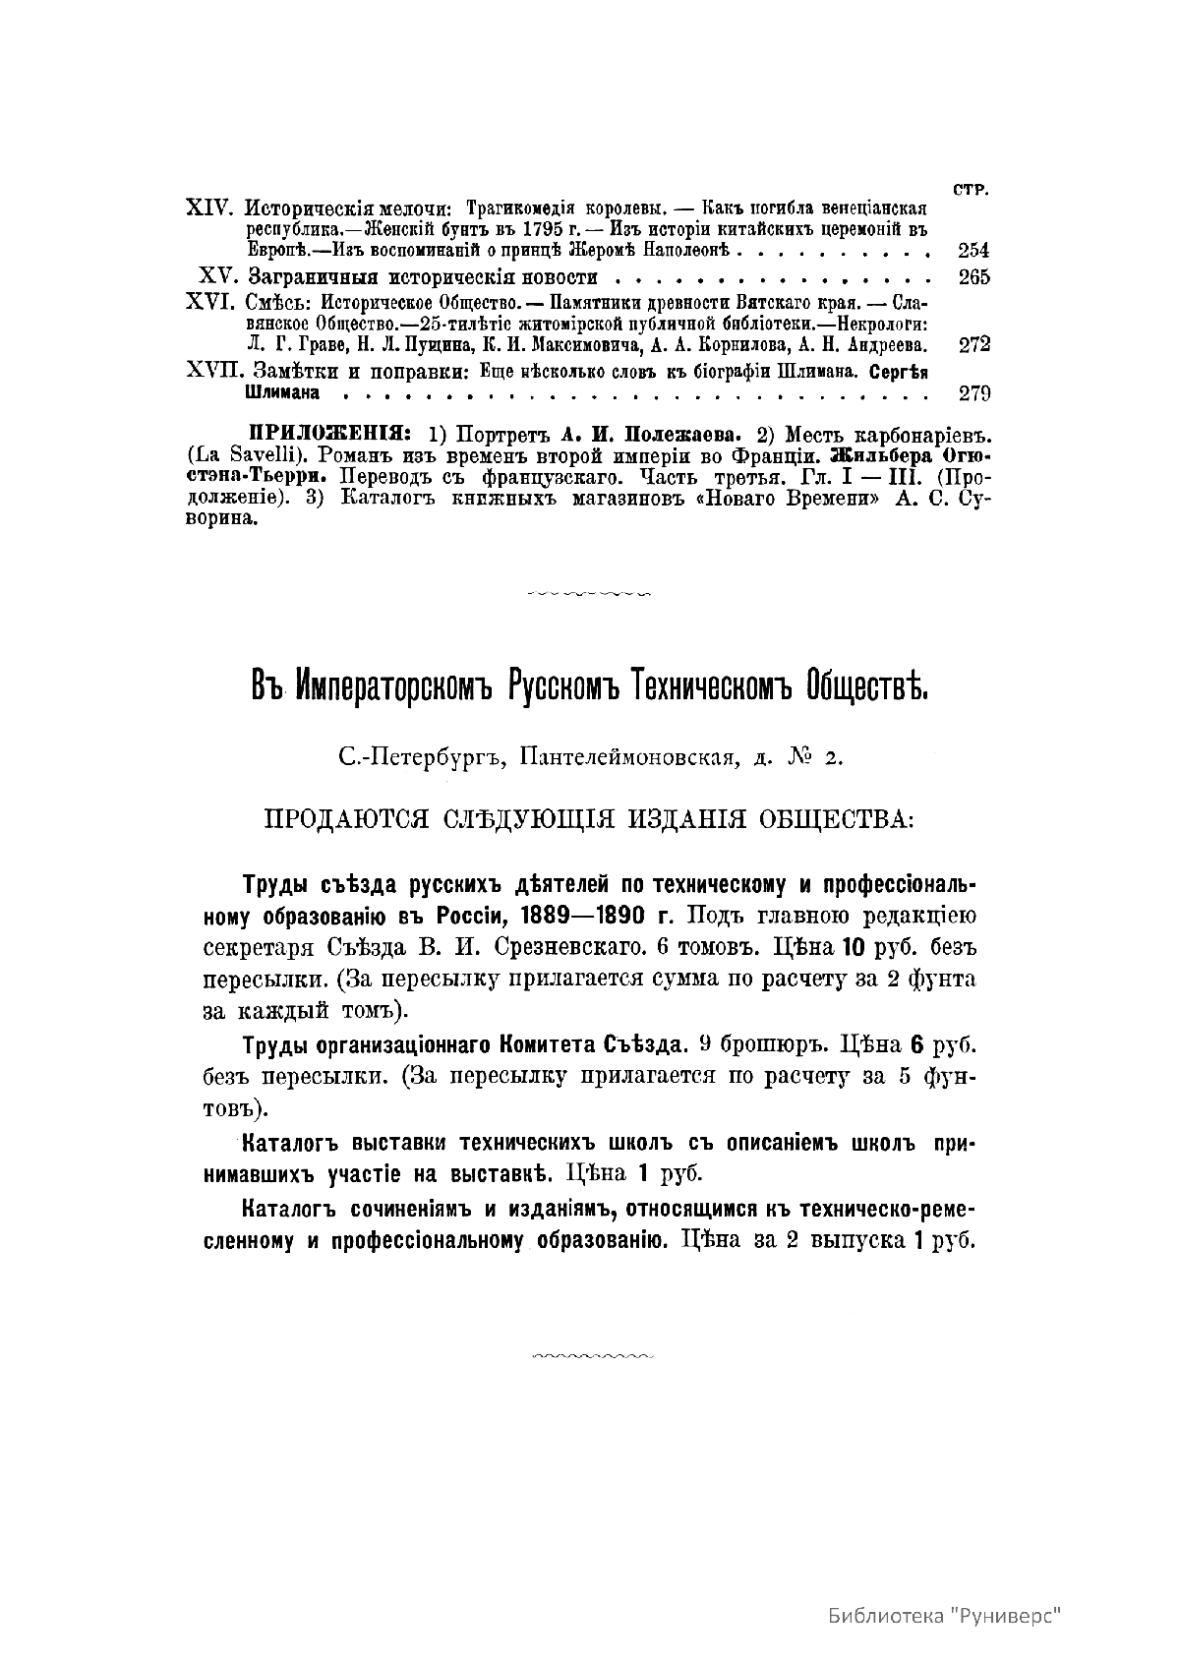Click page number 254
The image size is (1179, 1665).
pos(973,250)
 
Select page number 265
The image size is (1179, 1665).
pos(973,276)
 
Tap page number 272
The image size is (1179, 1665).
pos(973,344)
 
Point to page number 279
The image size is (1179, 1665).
pos(973,393)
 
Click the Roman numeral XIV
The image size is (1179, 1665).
pos(208,209)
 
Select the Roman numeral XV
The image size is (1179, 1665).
pos(216,276)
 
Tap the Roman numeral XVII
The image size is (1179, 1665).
pos(213,372)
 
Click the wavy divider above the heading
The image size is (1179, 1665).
pos(589,594)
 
